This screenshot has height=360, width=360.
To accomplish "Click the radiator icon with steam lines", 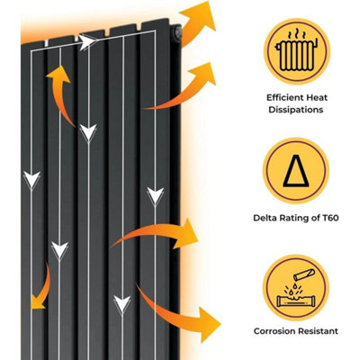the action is pyautogui.click(x=296, y=50).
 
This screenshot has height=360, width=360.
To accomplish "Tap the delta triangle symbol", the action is pyautogui.click(x=296, y=171).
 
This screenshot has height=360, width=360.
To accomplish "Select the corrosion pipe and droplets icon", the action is pyautogui.click(x=296, y=289).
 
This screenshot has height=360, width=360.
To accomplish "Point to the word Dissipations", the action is pyautogui.click(x=296, y=110).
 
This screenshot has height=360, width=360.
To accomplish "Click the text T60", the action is pyautogui.click(x=330, y=218).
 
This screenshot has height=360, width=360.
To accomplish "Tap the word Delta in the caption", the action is pyautogui.click(x=265, y=218).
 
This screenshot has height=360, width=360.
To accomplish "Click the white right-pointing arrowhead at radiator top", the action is pyautogui.click(x=87, y=42).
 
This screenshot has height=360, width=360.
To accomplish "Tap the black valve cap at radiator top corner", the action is pyautogui.click(x=177, y=32).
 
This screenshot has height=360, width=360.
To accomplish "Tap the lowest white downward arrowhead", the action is pyautogui.click(x=122, y=304).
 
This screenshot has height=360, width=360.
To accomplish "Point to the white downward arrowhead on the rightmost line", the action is pyautogui.click(x=156, y=196).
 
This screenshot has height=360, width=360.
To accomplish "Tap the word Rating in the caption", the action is pyautogui.click(x=294, y=218).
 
